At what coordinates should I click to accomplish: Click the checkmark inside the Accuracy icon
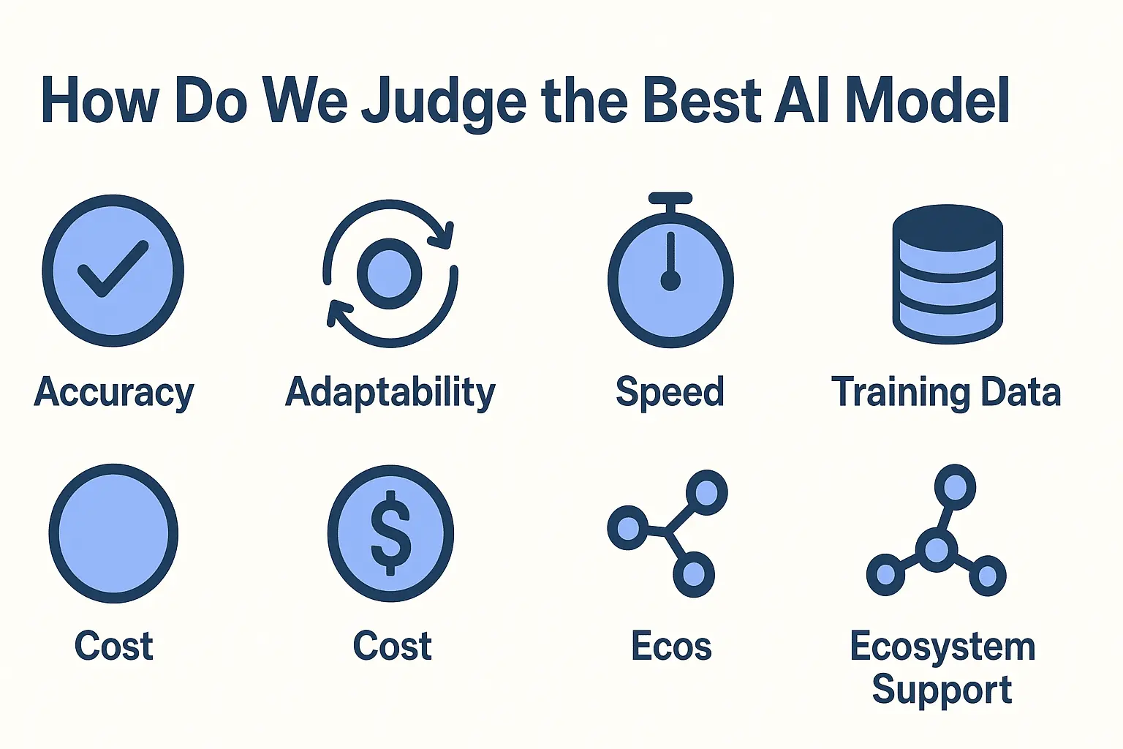click(x=113, y=269)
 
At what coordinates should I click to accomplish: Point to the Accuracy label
click(x=114, y=393)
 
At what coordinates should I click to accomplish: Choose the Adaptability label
click(x=390, y=393)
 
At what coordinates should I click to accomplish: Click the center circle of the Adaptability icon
click(x=390, y=274)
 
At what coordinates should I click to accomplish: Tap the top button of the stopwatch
click(x=670, y=198)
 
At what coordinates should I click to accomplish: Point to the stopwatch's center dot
click(x=670, y=281)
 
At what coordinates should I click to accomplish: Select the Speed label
click(x=670, y=393)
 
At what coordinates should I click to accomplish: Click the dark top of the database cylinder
click(x=948, y=223)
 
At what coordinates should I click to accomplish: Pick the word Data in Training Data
click(x=1021, y=392)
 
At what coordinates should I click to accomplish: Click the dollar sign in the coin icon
click(x=391, y=533)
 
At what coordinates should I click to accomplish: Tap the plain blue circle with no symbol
click(x=113, y=533)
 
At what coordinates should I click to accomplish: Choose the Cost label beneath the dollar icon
click(x=393, y=647)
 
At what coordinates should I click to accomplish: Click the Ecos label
click(x=671, y=647)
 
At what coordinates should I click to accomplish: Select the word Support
click(x=942, y=690)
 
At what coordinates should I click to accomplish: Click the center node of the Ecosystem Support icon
click(x=937, y=549)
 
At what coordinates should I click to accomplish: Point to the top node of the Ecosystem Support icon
click(x=955, y=486)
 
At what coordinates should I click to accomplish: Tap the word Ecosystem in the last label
click(x=942, y=647)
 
